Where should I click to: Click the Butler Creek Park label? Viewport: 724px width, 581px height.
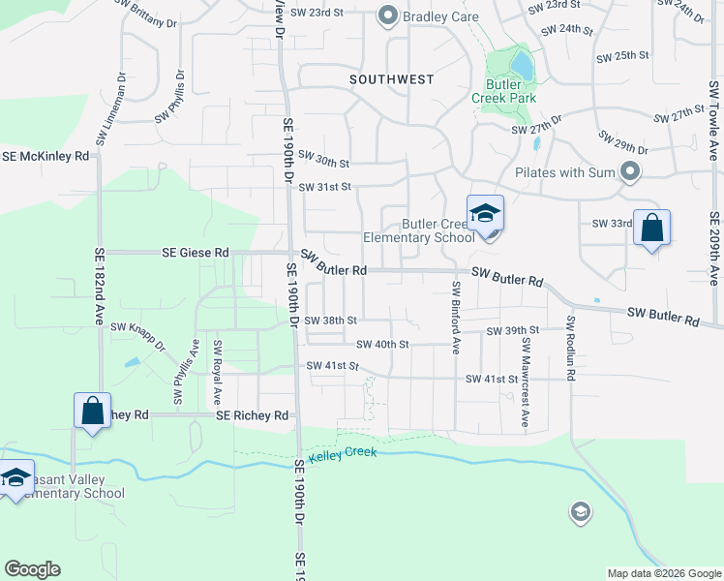(504, 91)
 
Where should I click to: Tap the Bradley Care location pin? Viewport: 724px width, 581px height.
(388, 15)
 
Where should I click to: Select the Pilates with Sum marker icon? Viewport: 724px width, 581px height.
(631, 172)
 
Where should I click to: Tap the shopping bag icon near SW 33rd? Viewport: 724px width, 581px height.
(651, 229)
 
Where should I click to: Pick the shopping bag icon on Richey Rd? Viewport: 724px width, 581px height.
(92, 410)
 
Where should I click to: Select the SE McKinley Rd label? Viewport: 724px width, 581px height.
(45, 155)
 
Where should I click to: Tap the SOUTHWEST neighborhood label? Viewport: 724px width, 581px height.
(391, 79)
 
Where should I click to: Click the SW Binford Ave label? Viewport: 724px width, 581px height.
(455, 317)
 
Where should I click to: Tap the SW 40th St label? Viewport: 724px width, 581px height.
(382, 344)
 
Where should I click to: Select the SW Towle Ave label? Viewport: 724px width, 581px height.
(713, 120)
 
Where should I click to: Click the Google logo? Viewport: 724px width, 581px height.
(32, 569)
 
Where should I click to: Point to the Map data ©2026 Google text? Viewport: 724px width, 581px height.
(663, 573)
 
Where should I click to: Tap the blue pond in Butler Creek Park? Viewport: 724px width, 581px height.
(521, 65)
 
